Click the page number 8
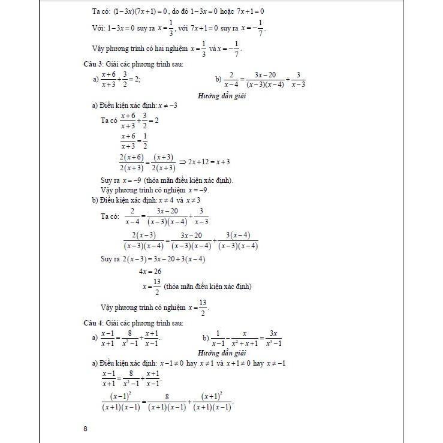pos(86,429)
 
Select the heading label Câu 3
pos(94,64)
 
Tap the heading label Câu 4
pos(94,323)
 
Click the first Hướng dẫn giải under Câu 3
pos(222,95)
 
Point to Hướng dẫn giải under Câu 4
pos(222,354)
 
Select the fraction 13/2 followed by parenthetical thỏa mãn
pos(157,287)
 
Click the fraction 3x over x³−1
pos(275,338)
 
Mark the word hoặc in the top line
pos(219,11)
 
